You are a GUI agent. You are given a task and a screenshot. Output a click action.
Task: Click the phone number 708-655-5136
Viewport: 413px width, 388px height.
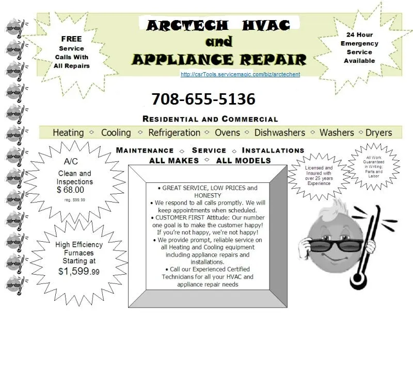(x=203, y=99)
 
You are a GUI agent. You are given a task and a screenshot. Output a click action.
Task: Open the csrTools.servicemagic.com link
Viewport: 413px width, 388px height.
(x=240, y=74)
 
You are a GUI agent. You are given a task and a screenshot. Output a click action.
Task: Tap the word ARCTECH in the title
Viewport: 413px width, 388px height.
(x=187, y=24)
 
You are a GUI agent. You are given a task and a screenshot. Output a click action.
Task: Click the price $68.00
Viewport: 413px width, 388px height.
(x=70, y=190)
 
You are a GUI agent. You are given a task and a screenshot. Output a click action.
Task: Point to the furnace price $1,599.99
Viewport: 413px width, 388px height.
(x=79, y=271)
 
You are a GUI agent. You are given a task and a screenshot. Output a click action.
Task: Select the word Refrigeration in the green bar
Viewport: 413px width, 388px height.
(x=174, y=132)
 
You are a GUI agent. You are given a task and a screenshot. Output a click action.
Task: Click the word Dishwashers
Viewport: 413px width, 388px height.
(x=279, y=132)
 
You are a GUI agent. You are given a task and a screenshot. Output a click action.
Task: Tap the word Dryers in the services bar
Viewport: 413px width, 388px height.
(x=378, y=132)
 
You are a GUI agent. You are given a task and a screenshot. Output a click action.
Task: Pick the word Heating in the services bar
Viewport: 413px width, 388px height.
(x=68, y=132)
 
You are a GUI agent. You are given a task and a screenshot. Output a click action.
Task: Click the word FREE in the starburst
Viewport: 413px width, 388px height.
(x=71, y=39)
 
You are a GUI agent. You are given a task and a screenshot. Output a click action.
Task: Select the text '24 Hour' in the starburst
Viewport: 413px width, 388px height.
(x=359, y=35)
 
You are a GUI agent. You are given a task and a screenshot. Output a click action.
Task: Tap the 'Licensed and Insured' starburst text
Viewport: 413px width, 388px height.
(x=319, y=175)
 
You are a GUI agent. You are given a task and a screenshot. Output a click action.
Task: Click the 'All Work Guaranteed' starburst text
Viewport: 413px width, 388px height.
(x=374, y=165)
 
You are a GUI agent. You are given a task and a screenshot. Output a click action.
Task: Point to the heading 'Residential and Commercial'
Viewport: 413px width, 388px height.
(x=210, y=119)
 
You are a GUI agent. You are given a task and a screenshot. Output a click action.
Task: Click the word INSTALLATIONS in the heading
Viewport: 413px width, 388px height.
(x=273, y=150)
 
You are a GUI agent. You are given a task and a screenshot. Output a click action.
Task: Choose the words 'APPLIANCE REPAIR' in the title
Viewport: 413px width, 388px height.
(x=219, y=59)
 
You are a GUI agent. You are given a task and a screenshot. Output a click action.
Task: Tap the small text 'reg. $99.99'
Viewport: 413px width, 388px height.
(x=75, y=200)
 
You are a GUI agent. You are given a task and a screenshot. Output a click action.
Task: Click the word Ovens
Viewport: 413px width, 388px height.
(x=227, y=132)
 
